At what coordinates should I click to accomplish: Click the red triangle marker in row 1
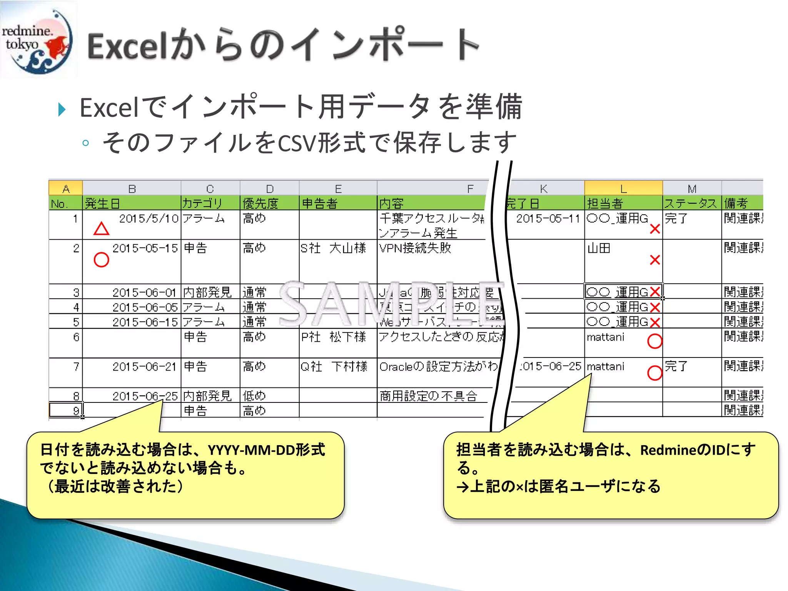coord(102,229)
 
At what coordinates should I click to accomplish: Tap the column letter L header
coord(623,189)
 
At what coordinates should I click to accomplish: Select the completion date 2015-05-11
coord(548,219)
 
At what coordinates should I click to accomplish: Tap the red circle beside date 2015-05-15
coord(102,260)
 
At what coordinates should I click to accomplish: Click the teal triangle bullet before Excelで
coord(62,110)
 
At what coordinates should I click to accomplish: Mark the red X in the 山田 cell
coord(654,260)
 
